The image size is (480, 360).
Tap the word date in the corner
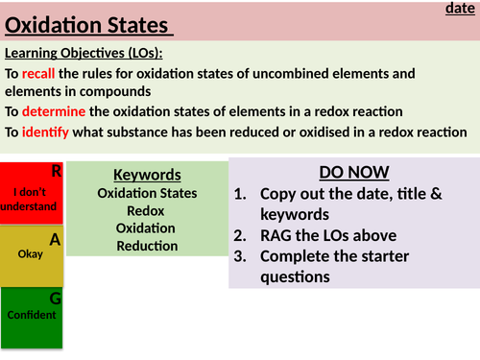click(x=462, y=9)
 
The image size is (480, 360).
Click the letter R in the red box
click(x=57, y=172)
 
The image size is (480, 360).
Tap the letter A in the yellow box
click(x=56, y=240)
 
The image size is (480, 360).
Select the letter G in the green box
click(x=56, y=298)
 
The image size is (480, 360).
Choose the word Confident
click(x=31, y=315)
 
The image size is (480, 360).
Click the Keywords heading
click(x=147, y=175)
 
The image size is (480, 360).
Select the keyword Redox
click(x=146, y=210)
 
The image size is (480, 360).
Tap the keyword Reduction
click(x=147, y=246)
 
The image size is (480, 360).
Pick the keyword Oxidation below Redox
click(x=146, y=228)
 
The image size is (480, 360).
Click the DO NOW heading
click(x=354, y=172)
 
